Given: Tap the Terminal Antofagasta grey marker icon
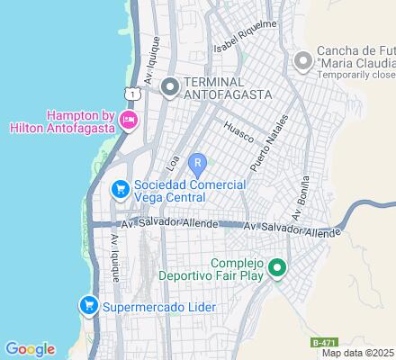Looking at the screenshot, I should [x=169, y=87].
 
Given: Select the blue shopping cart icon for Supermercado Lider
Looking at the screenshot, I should [x=88, y=306].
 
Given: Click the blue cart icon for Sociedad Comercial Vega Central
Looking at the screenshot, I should [x=119, y=190].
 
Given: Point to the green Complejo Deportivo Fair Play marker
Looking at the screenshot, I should [x=278, y=269].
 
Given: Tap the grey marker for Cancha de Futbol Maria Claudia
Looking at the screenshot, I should [x=302, y=61].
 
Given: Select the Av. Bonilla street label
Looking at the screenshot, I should [x=300, y=199].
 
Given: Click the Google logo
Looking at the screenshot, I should [x=29, y=349].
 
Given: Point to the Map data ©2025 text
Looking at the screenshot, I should [x=358, y=352].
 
